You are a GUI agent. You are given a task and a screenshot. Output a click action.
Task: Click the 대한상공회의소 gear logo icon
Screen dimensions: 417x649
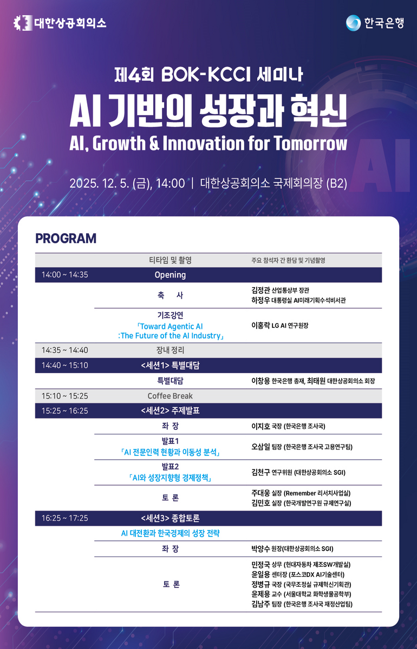[23, 23]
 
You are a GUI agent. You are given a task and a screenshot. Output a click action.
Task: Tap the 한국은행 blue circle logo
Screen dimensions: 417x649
[353, 23]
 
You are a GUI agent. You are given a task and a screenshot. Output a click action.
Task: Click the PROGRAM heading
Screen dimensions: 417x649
[66, 239]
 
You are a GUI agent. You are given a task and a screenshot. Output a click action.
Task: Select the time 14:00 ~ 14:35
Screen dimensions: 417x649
[64, 275]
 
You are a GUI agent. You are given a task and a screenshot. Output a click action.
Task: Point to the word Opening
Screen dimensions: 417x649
[170, 275]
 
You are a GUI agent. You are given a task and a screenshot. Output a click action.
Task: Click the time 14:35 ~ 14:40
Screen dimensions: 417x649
[64, 350]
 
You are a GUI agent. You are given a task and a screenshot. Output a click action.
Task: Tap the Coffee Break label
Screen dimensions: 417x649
[170, 396]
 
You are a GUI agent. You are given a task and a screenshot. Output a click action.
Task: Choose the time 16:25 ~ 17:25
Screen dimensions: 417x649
[64, 518]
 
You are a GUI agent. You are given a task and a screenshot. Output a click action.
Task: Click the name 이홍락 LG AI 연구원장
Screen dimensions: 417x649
[280, 326]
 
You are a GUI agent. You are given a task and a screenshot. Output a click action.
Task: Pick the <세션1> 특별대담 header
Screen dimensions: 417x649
[170, 366]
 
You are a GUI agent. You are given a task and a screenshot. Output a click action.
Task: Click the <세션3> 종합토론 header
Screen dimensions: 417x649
[170, 518]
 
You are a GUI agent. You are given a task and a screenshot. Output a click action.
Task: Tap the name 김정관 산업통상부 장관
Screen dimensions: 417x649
[281, 290]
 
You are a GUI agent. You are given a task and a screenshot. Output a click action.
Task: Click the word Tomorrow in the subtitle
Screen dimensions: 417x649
[310, 143]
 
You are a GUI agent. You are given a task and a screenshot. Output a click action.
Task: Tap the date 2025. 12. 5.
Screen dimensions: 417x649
[99, 183]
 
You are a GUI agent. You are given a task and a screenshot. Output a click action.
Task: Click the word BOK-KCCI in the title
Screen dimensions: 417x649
[206, 75]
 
